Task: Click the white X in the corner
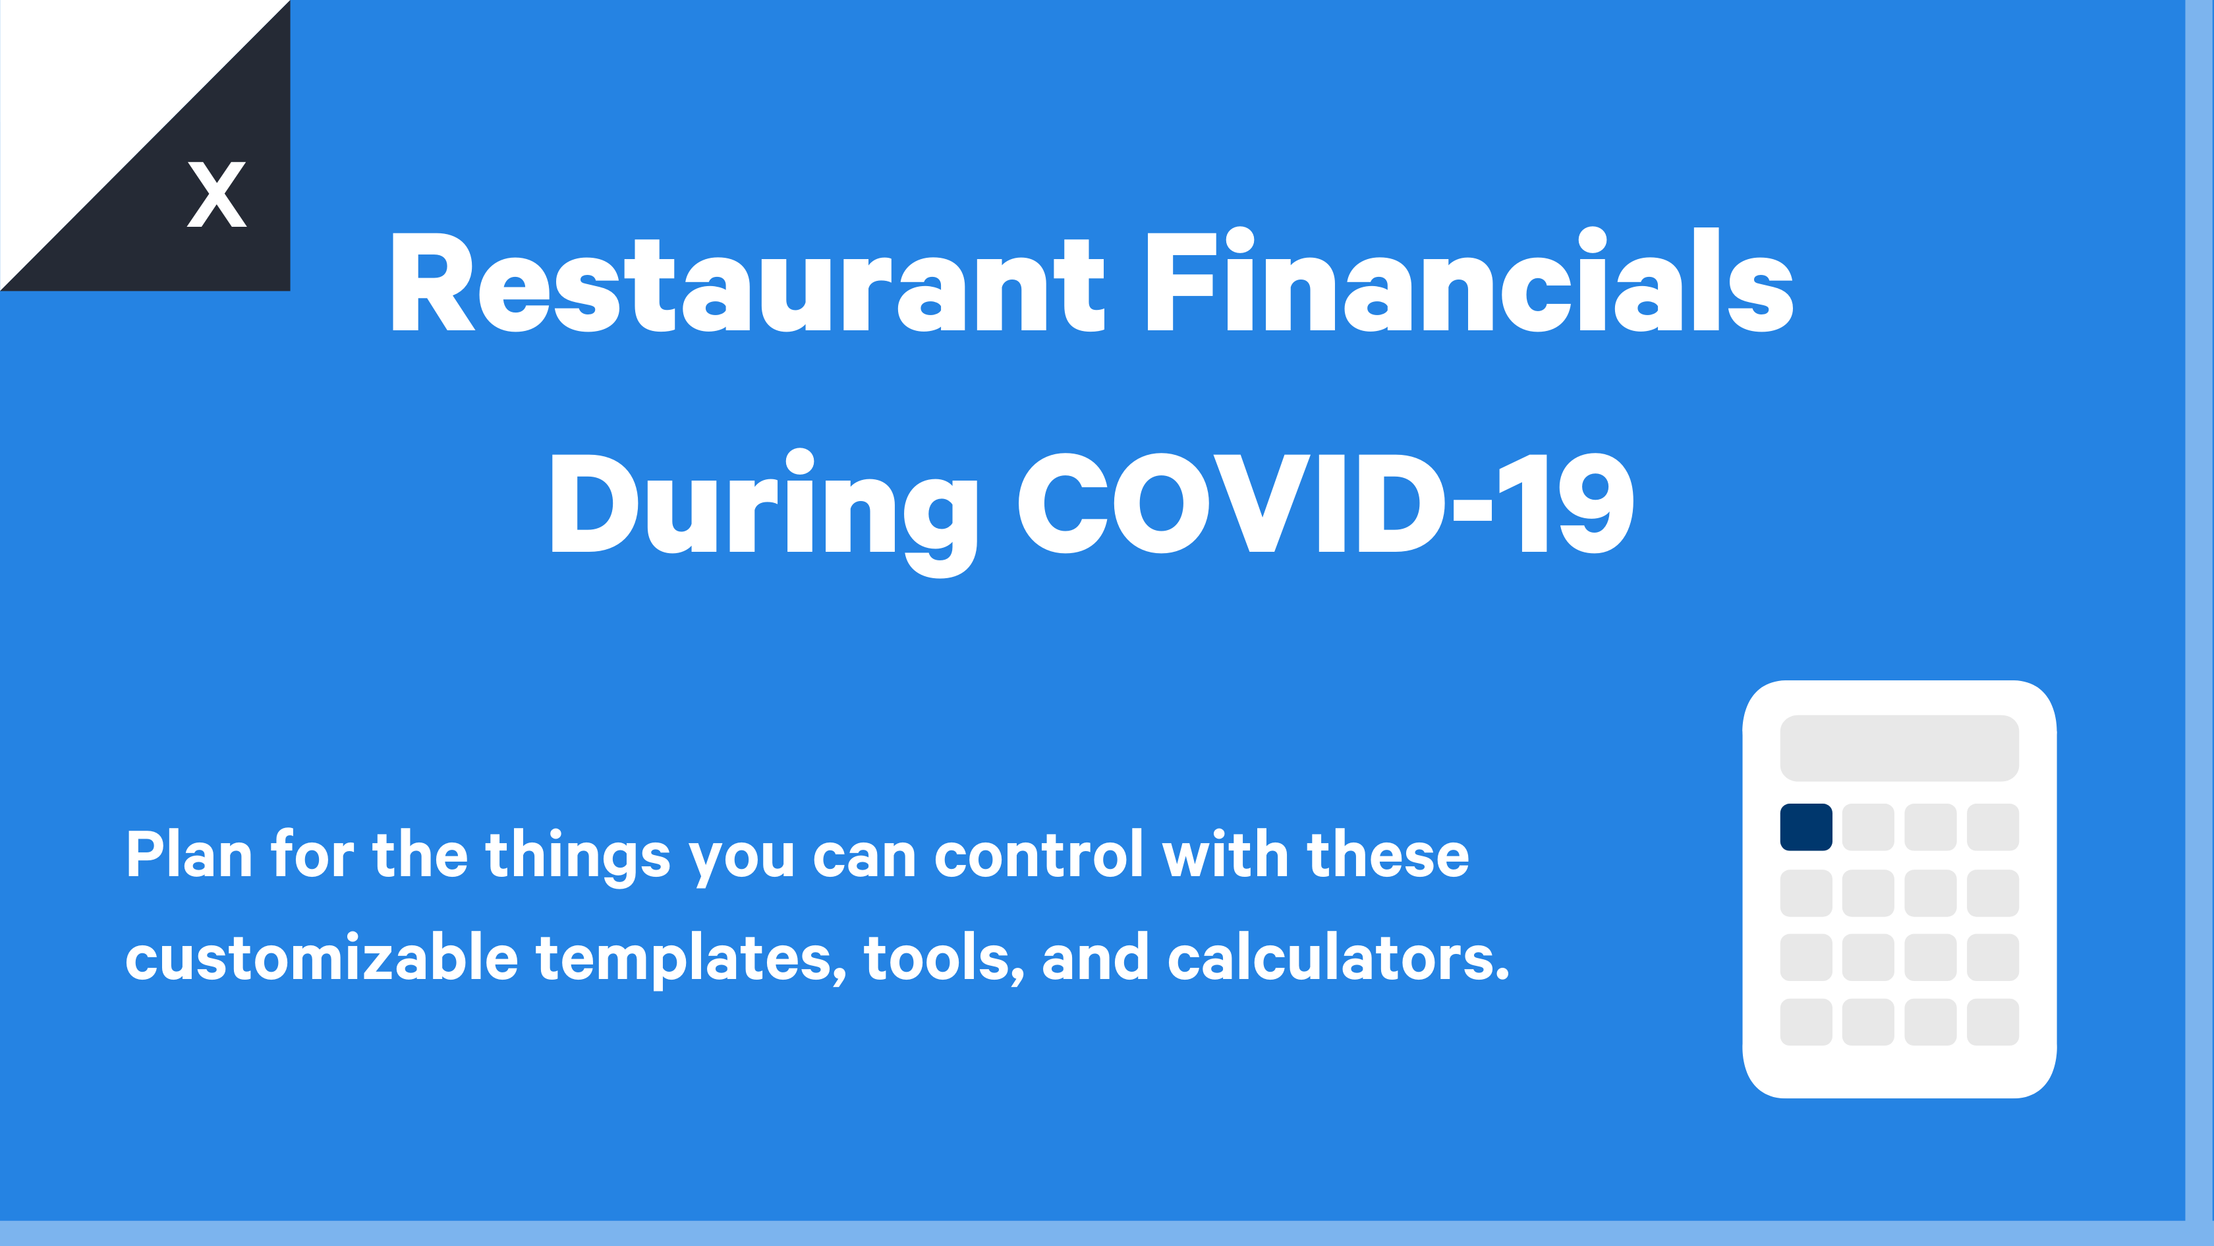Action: click(x=217, y=194)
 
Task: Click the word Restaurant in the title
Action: click(x=745, y=282)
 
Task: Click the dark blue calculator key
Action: click(x=1805, y=827)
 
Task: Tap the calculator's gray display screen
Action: click(x=1898, y=747)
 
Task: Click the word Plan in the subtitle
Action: click(x=189, y=855)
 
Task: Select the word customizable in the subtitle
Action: click(x=322, y=958)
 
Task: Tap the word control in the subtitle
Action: click(x=1039, y=855)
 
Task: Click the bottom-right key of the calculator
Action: click(x=1992, y=1022)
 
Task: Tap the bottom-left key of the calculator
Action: click(x=1805, y=1022)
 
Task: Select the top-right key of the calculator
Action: click(x=1992, y=827)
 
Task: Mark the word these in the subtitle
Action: click(x=1387, y=855)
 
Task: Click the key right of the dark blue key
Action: click(x=1867, y=827)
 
